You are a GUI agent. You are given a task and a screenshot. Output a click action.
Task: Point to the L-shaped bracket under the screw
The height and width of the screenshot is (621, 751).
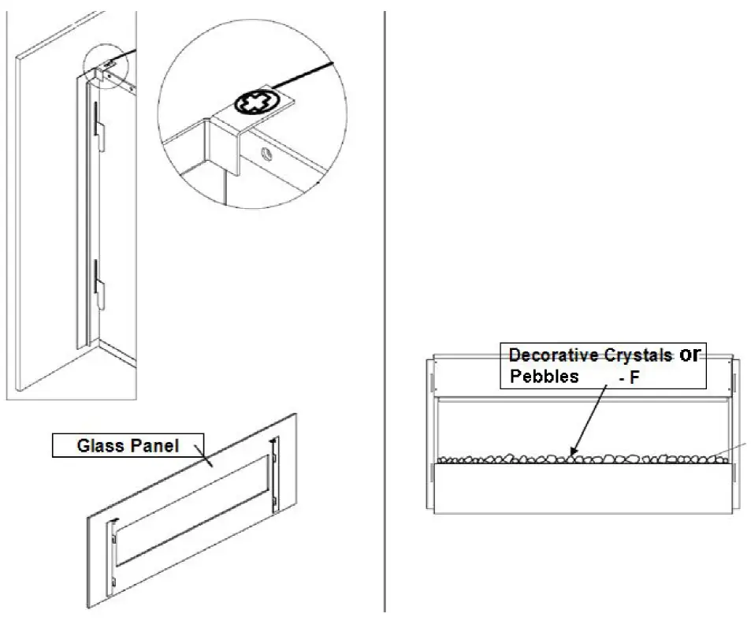225,142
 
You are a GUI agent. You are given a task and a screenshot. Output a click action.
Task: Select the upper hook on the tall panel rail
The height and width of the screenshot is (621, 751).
97,125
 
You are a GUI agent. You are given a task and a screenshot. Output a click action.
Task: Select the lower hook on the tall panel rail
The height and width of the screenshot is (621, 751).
97,284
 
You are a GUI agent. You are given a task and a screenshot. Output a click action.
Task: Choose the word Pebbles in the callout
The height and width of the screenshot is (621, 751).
545,376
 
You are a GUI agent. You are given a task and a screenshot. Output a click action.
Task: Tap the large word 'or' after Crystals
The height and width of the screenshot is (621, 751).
690,355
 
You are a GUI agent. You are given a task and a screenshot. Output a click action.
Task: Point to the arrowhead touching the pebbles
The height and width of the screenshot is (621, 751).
574,452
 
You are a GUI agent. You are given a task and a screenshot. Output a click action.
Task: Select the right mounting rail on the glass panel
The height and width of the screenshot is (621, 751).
273,474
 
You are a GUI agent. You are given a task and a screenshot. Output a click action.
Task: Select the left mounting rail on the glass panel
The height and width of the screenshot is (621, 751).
114,552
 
